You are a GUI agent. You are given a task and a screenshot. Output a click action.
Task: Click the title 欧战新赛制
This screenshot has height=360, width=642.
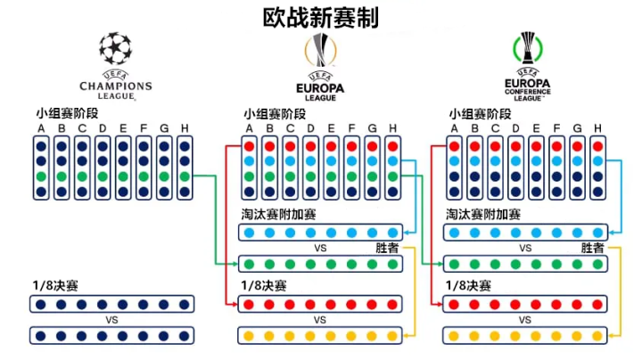click(321, 17)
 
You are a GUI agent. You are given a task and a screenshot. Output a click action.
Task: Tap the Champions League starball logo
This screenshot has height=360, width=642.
click(115, 48)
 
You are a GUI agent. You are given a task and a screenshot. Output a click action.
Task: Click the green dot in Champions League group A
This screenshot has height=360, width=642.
click(41, 176)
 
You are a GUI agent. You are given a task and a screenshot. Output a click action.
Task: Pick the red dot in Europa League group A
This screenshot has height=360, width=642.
click(250, 145)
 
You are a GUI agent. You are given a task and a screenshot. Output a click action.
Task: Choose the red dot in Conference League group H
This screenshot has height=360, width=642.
click(597, 145)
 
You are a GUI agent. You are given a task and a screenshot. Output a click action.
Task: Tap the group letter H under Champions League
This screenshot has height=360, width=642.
click(185, 127)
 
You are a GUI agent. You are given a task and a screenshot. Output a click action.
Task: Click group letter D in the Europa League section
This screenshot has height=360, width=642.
click(311, 127)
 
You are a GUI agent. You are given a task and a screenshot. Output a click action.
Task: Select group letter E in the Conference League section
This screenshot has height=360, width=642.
click(536, 127)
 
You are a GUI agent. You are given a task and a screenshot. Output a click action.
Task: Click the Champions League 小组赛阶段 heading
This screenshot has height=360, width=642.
click(67, 113)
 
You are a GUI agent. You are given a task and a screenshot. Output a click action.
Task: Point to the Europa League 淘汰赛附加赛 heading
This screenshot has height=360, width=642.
click(277, 215)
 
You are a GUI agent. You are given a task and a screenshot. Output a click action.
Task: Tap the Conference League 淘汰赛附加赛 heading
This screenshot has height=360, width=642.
click(483, 215)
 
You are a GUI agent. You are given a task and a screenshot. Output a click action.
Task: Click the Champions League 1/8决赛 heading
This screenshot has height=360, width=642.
click(54, 286)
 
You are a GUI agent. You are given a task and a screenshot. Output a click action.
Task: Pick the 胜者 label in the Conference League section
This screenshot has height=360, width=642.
click(592, 248)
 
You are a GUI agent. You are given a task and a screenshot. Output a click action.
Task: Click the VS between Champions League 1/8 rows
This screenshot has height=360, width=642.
click(112, 319)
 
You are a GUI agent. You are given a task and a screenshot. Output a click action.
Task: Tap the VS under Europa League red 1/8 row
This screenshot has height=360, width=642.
click(320, 319)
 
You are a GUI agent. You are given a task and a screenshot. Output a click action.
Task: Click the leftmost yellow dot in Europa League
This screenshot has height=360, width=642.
click(250, 335)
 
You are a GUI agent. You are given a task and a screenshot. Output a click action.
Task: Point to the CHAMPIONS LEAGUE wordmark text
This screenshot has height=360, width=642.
click(115, 86)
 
